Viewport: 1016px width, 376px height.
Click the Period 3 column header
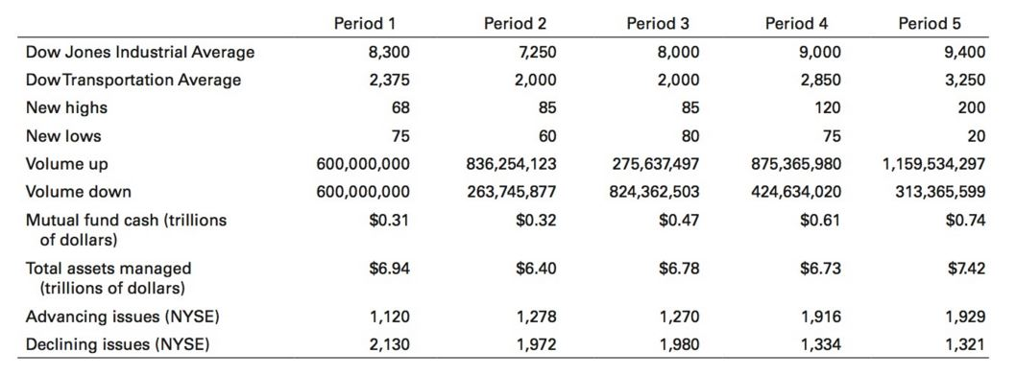click(657, 23)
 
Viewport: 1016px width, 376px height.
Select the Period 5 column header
click(930, 23)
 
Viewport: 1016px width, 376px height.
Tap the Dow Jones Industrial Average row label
click(140, 52)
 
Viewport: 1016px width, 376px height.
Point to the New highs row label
click(66, 108)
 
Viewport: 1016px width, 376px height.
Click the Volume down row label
click(78, 192)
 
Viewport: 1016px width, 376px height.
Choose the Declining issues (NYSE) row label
click(116, 343)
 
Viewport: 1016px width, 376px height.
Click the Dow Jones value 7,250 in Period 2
click(536, 52)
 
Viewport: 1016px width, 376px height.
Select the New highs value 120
click(829, 108)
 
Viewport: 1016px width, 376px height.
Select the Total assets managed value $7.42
click(965, 269)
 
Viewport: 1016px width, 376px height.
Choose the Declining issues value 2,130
click(391, 343)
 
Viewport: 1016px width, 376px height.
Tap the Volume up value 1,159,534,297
click(933, 164)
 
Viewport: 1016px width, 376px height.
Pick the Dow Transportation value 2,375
click(391, 80)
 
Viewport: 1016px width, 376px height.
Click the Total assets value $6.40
click(536, 269)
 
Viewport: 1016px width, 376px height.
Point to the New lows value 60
click(546, 136)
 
